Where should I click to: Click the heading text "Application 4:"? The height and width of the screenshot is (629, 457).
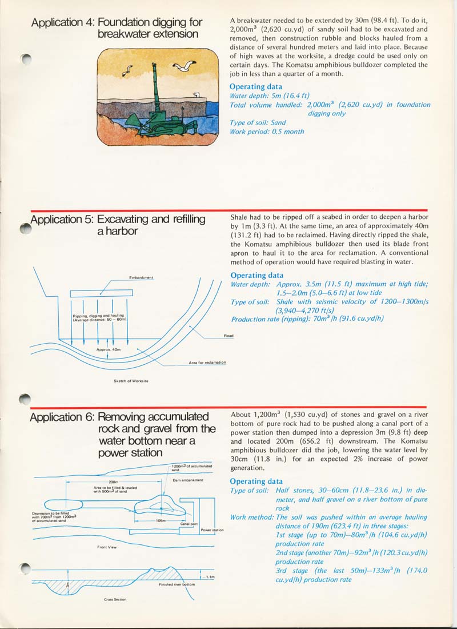tap(63, 22)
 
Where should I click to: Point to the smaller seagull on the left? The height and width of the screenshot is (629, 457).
tap(129, 70)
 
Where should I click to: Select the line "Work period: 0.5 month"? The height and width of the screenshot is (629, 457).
tap(267, 132)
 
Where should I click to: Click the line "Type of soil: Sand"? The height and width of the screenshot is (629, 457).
tap(258, 122)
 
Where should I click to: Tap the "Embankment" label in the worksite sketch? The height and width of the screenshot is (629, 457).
tap(141, 278)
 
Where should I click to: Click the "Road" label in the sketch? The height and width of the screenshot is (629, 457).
tap(228, 336)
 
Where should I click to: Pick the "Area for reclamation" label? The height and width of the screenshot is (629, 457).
tap(207, 363)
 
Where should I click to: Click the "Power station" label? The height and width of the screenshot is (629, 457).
tap(212, 530)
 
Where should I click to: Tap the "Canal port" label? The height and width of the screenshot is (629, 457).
tap(189, 523)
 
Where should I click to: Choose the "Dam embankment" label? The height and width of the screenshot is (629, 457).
tap(188, 480)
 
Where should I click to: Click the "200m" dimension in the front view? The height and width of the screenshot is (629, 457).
tap(113, 482)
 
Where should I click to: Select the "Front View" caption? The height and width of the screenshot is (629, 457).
tap(107, 547)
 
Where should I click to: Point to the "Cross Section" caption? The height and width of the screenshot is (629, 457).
tap(115, 599)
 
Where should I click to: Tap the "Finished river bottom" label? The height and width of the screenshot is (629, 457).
tap(177, 584)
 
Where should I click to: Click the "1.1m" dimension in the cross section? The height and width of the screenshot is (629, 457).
tap(210, 577)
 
